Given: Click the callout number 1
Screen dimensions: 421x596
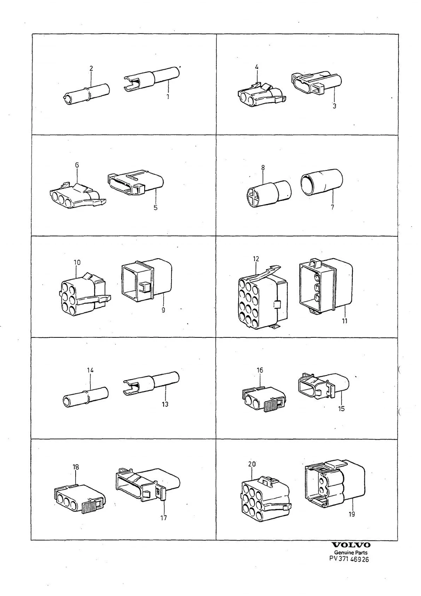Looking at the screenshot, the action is point(168,97).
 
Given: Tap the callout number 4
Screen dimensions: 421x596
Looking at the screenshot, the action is point(256,67).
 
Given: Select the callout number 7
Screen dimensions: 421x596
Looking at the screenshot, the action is point(333,207).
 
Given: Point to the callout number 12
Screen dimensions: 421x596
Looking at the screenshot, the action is point(256,259).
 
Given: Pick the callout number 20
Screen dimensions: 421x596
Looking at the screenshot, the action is point(252,464).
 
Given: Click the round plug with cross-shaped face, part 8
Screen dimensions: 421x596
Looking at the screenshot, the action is point(268,193).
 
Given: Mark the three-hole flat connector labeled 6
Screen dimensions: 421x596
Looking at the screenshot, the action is point(78,195).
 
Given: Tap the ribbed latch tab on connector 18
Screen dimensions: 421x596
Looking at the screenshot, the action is point(88,507).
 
